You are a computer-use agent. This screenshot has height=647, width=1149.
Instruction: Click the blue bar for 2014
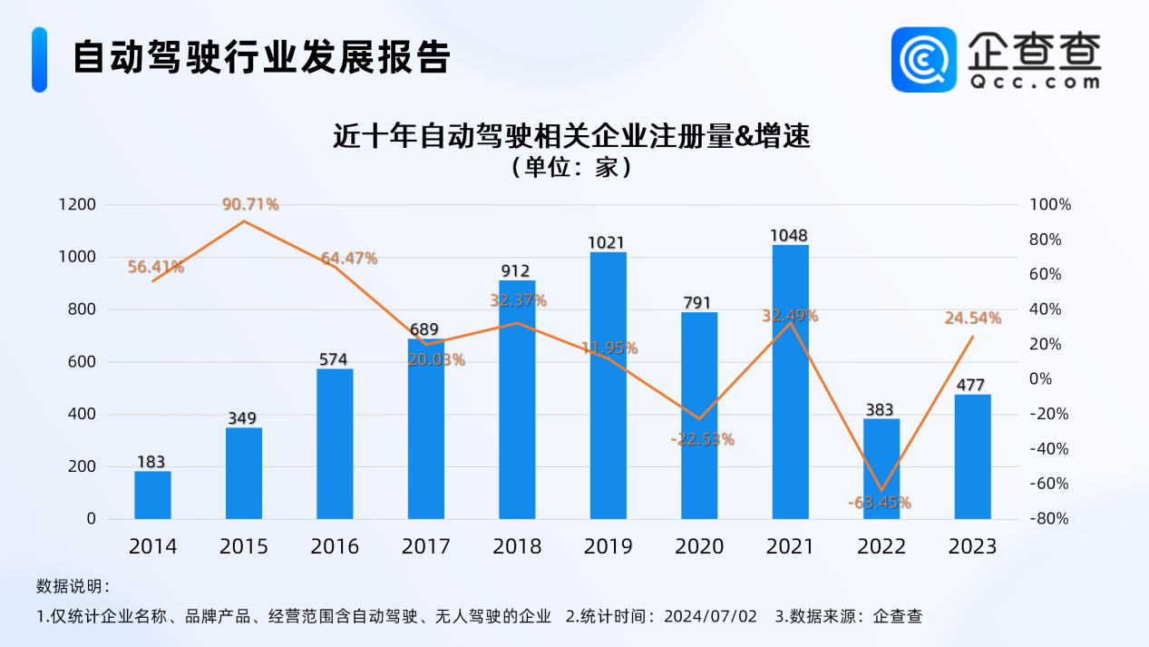(x=152, y=495)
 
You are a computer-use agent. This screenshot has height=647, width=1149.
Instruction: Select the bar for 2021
(x=790, y=381)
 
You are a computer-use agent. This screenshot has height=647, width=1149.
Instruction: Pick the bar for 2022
(x=881, y=468)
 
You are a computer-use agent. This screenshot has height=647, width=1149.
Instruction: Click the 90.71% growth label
(x=250, y=204)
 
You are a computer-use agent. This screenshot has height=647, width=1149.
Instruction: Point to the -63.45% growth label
(x=880, y=503)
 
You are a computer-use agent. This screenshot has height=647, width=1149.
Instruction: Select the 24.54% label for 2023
(x=972, y=319)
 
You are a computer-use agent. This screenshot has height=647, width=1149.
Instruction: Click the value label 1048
(x=790, y=236)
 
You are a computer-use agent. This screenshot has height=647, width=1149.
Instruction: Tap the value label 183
(x=151, y=462)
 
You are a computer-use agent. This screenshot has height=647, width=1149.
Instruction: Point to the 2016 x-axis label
(x=335, y=546)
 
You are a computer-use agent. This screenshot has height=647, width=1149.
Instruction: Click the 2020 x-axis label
(x=699, y=546)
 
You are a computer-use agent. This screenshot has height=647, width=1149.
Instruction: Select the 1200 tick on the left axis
(x=78, y=205)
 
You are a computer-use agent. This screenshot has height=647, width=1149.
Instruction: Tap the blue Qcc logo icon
(x=924, y=59)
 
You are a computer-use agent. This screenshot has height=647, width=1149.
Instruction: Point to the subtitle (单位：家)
(x=570, y=168)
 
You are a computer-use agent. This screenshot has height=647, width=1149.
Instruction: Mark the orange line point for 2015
(x=244, y=221)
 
